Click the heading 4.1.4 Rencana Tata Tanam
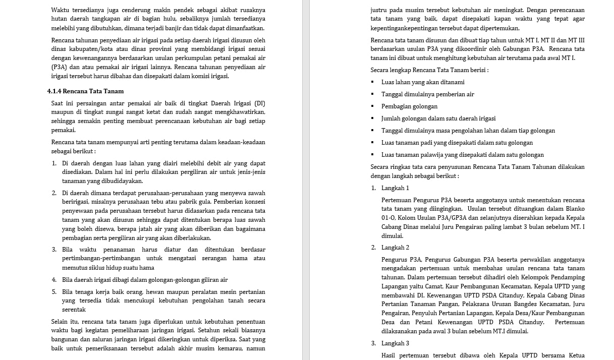(x=85, y=91)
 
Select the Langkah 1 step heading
(x=395, y=188)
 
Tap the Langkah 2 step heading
(x=395, y=248)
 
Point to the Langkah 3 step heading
(x=395, y=343)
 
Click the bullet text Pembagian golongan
(x=409, y=106)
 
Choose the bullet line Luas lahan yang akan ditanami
(x=423, y=82)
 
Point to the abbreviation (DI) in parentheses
(x=259, y=103)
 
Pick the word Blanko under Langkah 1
(x=575, y=209)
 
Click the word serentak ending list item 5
(x=74, y=310)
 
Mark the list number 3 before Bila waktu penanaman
(x=54, y=250)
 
